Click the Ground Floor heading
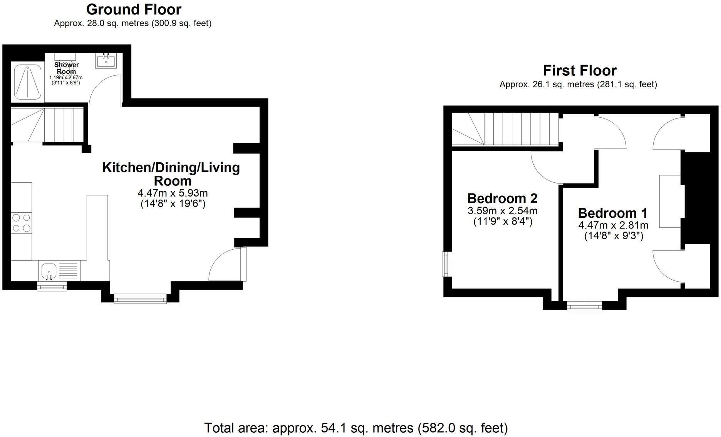134,9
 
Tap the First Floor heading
579,71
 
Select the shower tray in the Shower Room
28,82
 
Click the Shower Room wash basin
106,60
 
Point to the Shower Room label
66,68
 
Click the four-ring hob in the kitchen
21,223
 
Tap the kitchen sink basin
49,270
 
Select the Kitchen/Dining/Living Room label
171,174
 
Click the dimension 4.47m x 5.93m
173,193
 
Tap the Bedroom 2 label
502,198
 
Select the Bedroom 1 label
613,213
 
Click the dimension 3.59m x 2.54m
502,211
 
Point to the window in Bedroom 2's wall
446,264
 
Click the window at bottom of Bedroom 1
585,306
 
